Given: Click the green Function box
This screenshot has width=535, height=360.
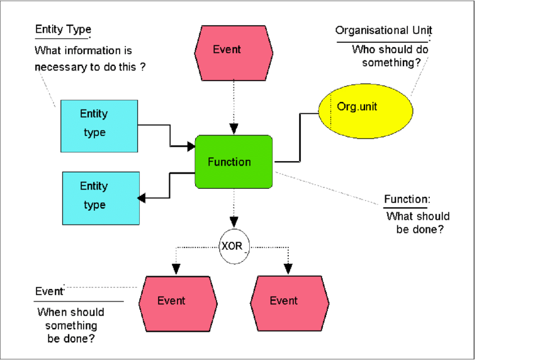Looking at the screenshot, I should (x=234, y=162).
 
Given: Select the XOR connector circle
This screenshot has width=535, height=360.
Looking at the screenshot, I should (x=234, y=245).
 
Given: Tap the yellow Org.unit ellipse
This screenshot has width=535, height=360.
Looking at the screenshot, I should (x=366, y=110).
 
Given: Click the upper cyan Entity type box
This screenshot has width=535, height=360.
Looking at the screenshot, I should (x=99, y=126).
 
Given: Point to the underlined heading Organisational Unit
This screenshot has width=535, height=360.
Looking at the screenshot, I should (x=383, y=31).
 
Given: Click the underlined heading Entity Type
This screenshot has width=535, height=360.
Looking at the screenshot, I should (x=63, y=30).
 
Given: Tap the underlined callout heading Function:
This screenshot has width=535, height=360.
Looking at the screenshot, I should (x=407, y=200).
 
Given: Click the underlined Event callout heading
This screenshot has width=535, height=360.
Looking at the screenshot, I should (x=49, y=291).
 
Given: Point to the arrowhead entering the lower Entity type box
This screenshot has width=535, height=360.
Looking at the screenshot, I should (x=142, y=198).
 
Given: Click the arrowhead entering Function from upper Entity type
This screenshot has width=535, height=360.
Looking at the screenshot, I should (x=191, y=147).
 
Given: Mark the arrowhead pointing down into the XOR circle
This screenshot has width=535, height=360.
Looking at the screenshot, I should (x=234, y=222).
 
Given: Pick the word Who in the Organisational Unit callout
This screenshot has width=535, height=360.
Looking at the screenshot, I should (x=363, y=50).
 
